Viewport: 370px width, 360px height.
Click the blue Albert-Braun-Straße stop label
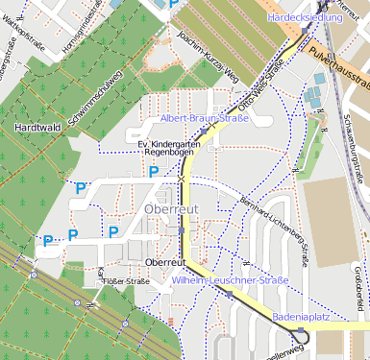[204, 118]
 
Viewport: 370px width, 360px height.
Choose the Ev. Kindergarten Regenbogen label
[169, 148]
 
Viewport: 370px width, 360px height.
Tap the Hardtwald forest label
[37, 126]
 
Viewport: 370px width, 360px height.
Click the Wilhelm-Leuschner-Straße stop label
[232, 279]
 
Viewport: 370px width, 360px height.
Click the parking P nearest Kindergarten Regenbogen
[154, 172]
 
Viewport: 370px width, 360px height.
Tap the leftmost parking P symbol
[46, 240]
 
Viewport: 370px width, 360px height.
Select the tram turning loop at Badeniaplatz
[303, 334]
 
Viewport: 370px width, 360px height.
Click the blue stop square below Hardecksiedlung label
[305, 31]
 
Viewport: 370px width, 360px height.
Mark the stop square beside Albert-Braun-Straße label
[204, 131]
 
